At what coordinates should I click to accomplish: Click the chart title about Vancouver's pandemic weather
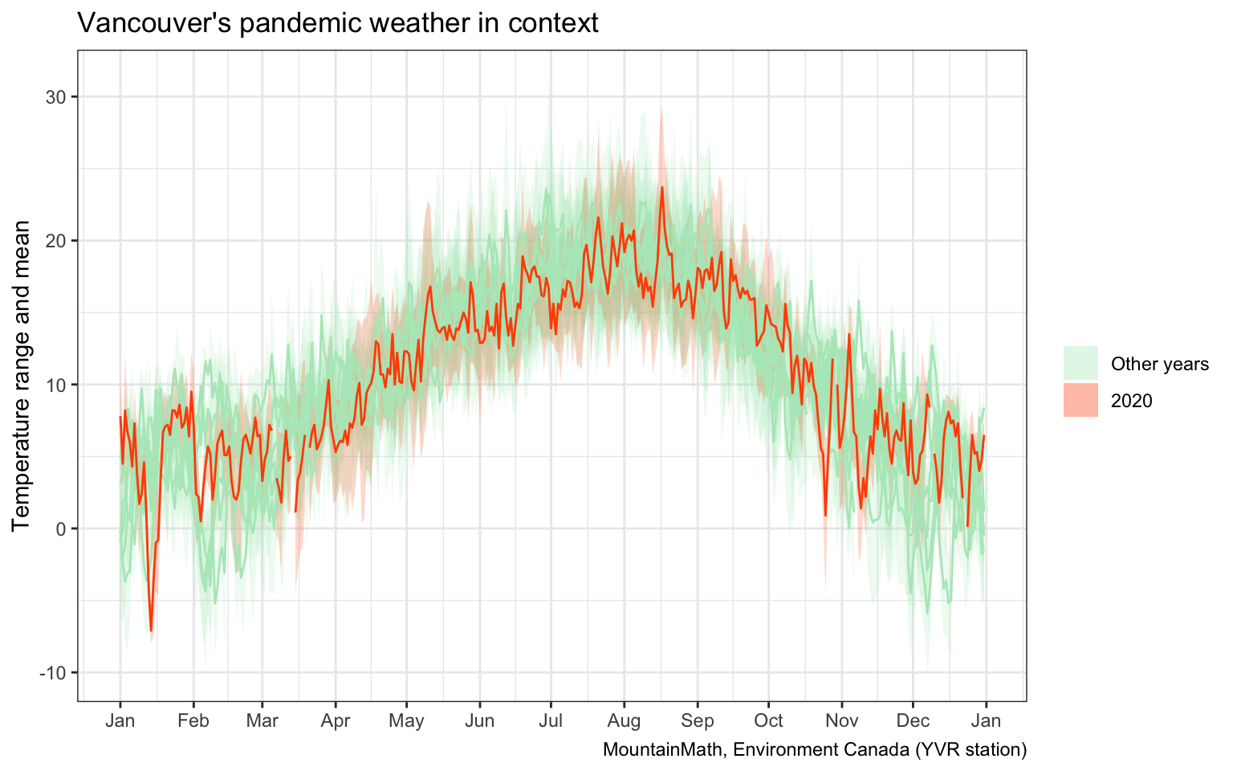pos(337,23)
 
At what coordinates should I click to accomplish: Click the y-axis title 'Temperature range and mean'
pos(22,376)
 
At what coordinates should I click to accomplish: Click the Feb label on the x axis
pos(193,720)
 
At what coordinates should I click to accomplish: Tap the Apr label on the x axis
pos(336,720)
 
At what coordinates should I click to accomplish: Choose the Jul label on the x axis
pos(551,720)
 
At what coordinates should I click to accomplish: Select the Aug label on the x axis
pos(624,720)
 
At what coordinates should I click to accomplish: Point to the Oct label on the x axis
pos(768,720)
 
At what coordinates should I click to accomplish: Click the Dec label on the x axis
pos(912,720)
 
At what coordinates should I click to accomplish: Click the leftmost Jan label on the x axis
pos(120,720)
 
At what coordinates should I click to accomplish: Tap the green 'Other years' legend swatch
pos(1080,364)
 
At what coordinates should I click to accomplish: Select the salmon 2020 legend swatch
pos(1080,400)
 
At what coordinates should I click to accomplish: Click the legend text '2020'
pos(1131,401)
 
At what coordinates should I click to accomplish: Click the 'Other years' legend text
pos(1159,365)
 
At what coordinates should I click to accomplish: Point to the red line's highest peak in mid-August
pos(662,187)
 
